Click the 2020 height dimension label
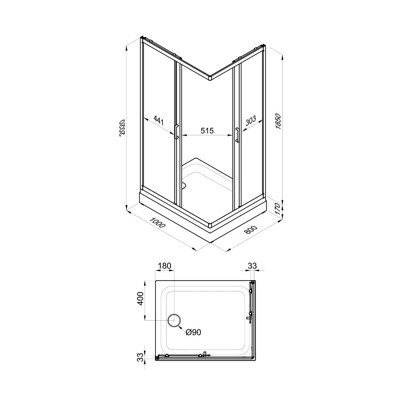coord(123,127)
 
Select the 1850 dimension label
coord(278,121)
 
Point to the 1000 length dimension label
coord(157,223)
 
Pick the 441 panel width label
coord(159,120)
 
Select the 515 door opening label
coord(207,131)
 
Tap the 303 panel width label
coord(251,121)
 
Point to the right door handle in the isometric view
coord(237,135)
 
